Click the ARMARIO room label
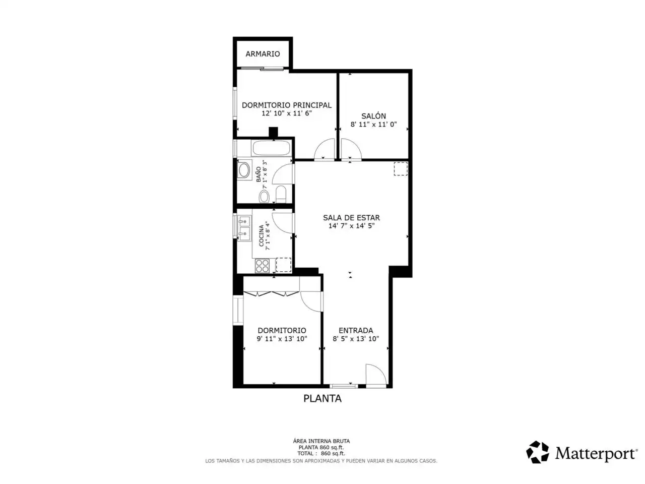click(263, 54)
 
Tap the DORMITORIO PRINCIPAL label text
click(287, 105)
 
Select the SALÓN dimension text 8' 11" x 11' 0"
click(373, 125)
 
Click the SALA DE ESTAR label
click(351, 218)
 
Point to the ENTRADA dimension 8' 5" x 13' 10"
click(356, 339)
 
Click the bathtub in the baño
click(271, 148)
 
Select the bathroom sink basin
click(244, 170)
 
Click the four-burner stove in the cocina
click(262, 266)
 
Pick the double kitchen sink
click(244, 228)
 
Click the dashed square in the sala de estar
click(401, 169)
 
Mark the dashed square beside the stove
click(284, 265)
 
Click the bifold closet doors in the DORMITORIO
click(272, 293)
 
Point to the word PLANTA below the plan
click(322, 398)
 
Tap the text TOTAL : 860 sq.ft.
click(321, 453)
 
